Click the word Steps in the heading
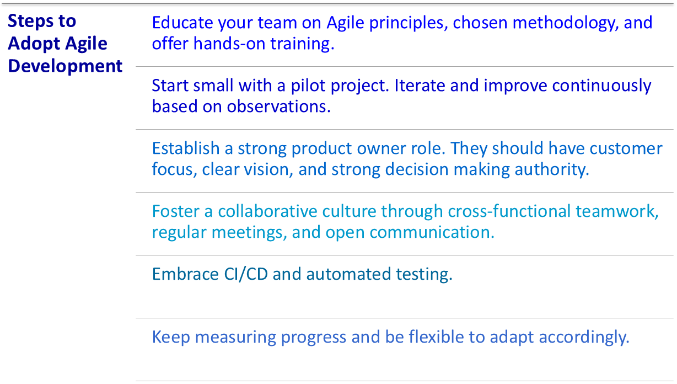click(x=30, y=22)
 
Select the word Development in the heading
click(x=65, y=66)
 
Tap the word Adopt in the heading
click(x=34, y=44)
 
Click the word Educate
click(x=182, y=23)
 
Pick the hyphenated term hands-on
click(x=229, y=43)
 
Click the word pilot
click(x=308, y=86)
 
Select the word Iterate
click(x=420, y=86)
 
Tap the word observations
click(x=278, y=106)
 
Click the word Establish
click(x=186, y=148)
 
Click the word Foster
click(x=176, y=211)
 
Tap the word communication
click(x=432, y=232)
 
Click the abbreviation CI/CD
click(x=246, y=274)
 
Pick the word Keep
click(x=171, y=338)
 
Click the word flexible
click(x=436, y=337)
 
